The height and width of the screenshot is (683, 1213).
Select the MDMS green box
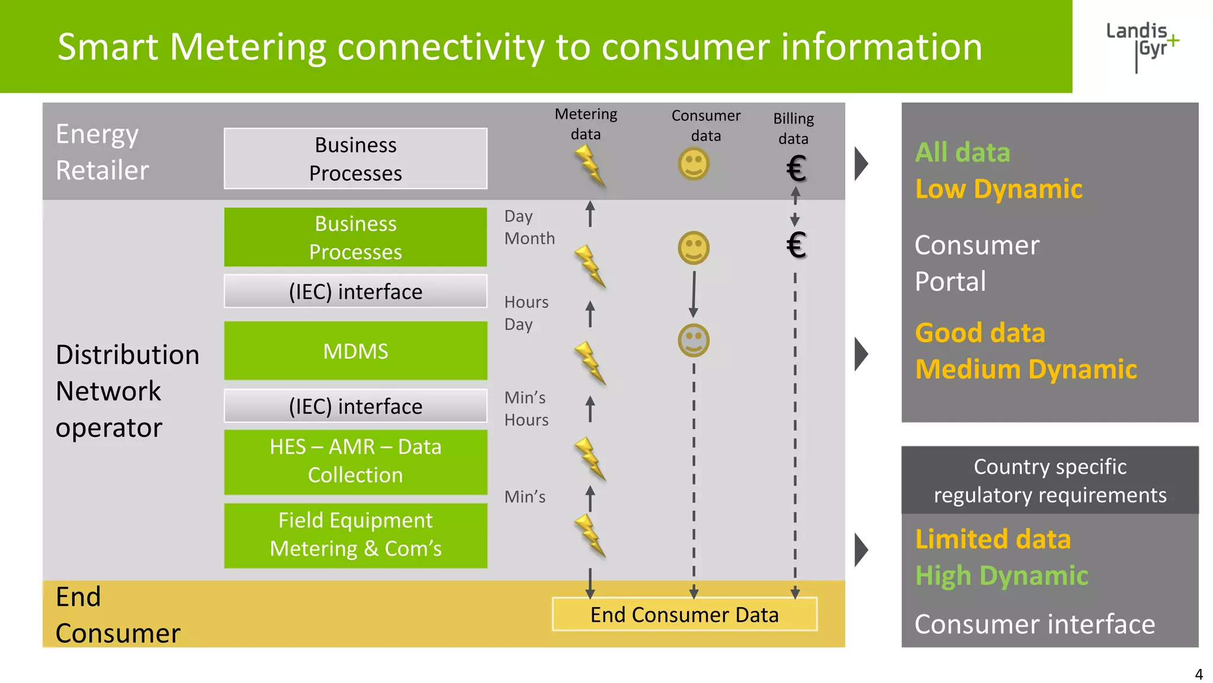[355, 351]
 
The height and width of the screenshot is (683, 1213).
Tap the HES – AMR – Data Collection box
[355, 461]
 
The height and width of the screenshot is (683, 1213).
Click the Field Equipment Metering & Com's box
[355, 535]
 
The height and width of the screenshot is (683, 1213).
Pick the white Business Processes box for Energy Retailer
[355, 158]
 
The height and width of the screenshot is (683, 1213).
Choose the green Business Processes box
[355, 237]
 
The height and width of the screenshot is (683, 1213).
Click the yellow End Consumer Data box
[684, 614]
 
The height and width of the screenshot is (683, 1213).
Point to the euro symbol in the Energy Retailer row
[795, 169]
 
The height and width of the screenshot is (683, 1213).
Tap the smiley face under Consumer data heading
[693, 164]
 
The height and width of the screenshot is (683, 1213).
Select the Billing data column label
[793, 128]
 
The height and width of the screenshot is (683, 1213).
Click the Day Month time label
[529, 227]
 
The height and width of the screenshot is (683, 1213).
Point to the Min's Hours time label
[526, 408]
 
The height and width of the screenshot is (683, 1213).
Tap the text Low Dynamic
[999, 189]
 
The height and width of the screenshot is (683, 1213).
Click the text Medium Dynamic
[1026, 369]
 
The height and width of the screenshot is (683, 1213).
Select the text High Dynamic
[1002, 576]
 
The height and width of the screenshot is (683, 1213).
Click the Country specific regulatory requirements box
[1050, 481]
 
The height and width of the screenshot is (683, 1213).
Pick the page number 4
[1198, 674]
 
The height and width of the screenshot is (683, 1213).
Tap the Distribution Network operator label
[127, 391]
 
